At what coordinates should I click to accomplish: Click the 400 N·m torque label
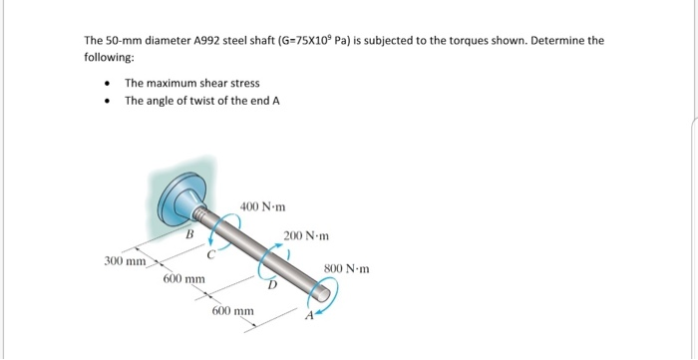click(x=263, y=207)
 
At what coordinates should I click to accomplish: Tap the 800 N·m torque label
click(x=348, y=268)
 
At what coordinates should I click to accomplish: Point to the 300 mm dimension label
click(x=125, y=261)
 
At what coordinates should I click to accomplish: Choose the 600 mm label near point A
click(x=233, y=312)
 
